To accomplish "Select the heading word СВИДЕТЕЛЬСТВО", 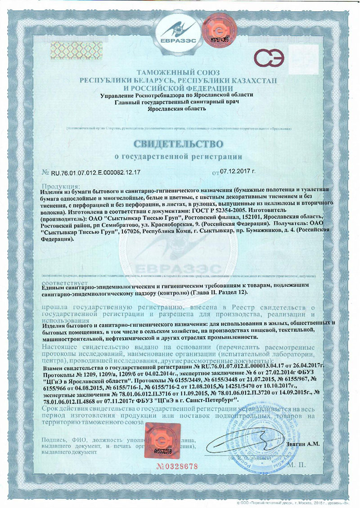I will point(180,144).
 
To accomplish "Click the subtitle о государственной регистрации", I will point(179,157).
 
